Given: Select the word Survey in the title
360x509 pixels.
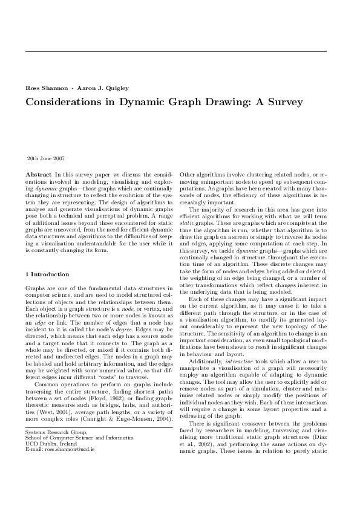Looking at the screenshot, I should click(286, 102).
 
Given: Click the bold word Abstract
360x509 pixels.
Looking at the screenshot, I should click(38, 173).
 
